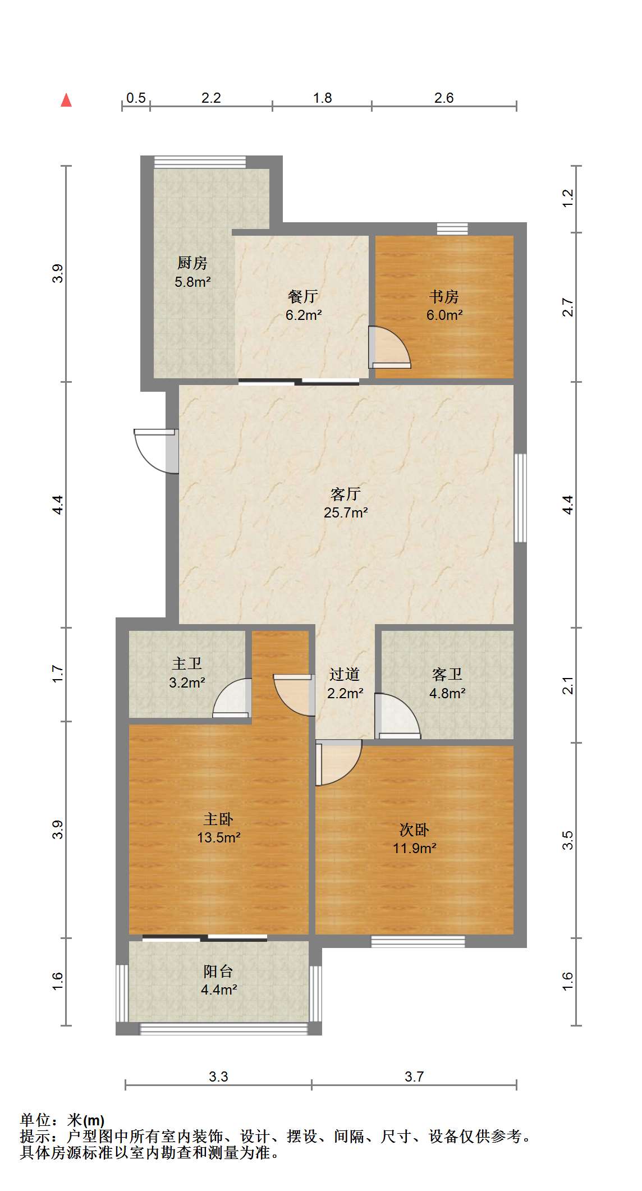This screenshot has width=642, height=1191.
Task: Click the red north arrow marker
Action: (x=66, y=100)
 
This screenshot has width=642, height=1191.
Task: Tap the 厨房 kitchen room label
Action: (x=192, y=262)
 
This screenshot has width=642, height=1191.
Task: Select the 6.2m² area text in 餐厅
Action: (x=304, y=315)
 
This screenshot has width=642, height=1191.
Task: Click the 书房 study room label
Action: (x=444, y=296)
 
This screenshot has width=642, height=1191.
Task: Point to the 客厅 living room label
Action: (x=345, y=494)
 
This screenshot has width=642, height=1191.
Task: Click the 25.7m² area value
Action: (x=346, y=512)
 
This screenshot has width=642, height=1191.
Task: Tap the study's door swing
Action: (x=389, y=347)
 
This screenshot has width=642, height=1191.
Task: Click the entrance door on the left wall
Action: (x=156, y=451)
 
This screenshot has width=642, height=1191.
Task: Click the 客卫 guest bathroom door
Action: (x=397, y=716)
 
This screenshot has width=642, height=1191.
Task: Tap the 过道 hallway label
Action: (x=344, y=674)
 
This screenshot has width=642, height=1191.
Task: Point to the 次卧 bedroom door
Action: (x=338, y=763)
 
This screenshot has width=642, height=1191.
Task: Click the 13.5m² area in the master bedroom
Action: (x=219, y=838)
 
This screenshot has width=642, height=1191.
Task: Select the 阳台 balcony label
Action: (x=218, y=972)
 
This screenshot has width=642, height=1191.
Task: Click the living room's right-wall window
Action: (x=520, y=498)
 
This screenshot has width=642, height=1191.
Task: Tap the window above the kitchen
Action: (x=200, y=162)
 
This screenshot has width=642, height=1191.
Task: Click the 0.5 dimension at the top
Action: (x=136, y=98)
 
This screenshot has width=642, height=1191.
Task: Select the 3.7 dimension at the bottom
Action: (x=414, y=1077)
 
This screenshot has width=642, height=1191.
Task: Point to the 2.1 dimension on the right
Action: (x=568, y=685)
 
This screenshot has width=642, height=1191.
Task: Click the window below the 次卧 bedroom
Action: (x=418, y=941)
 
